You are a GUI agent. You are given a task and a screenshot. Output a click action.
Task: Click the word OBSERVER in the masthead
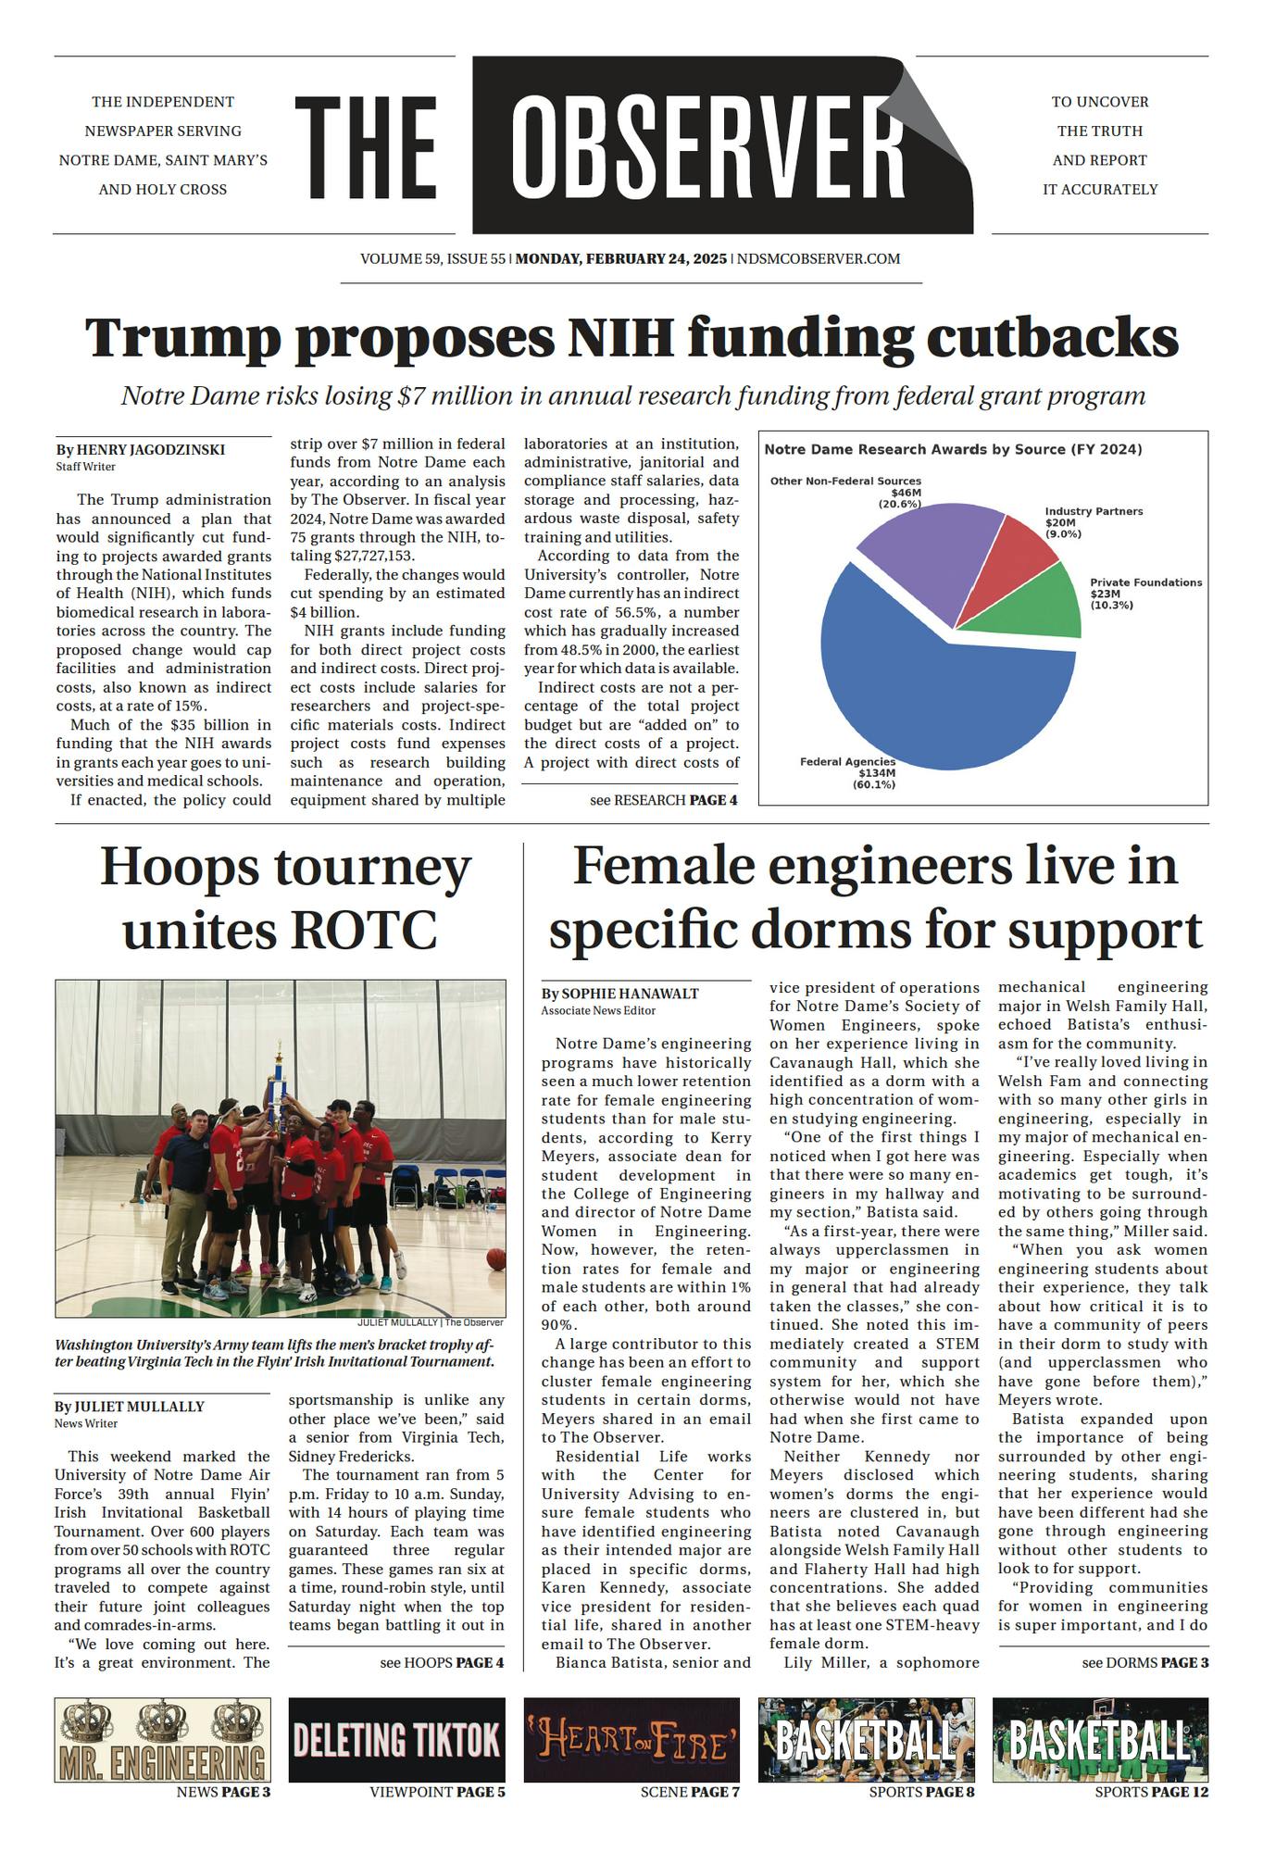[708, 146]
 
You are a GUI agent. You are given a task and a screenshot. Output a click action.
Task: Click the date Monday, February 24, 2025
[621, 259]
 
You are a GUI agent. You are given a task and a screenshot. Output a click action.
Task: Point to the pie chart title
[952, 450]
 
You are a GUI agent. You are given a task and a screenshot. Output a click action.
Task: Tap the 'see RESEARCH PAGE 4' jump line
[663, 800]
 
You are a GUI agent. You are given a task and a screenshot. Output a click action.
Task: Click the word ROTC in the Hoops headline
[364, 930]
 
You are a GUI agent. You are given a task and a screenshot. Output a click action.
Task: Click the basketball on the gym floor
[495, 1259]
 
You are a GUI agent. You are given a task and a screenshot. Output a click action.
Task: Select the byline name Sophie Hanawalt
[630, 994]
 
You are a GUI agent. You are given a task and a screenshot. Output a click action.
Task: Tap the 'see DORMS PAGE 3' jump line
[1144, 1662]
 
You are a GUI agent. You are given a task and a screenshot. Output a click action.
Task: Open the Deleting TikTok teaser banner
[396, 1740]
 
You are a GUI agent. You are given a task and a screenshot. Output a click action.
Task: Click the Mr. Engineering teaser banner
[163, 1740]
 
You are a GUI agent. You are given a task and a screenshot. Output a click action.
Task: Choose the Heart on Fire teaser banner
[631, 1740]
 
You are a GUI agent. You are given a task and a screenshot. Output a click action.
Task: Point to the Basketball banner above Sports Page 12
[1100, 1740]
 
